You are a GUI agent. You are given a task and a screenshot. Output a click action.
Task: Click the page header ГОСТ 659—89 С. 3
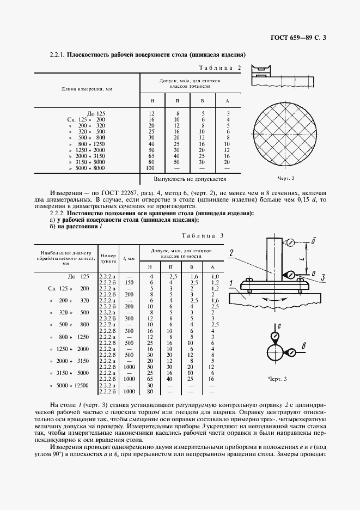pyautogui.click(x=302, y=38)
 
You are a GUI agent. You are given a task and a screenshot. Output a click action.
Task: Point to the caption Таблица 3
pyautogui.click(x=203, y=235)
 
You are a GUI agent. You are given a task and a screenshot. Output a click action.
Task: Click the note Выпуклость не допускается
pyautogui.click(x=190, y=178)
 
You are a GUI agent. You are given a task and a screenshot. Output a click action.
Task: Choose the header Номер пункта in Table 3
pyautogui.click(x=108, y=258)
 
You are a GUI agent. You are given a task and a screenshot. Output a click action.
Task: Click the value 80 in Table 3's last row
pyautogui.click(x=151, y=391)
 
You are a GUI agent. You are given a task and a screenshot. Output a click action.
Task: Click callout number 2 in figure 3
pyautogui.click(x=232, y=252)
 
